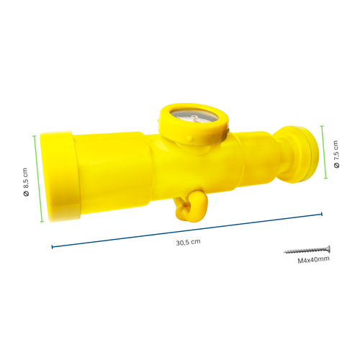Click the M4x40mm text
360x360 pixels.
point(313,258)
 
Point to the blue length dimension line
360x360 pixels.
point(187,230)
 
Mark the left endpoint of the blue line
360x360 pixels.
point(52,248)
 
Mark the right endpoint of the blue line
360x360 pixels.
point(322,213)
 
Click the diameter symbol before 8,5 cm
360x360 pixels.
point(25,194)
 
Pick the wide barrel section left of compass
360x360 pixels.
point(115,169)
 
